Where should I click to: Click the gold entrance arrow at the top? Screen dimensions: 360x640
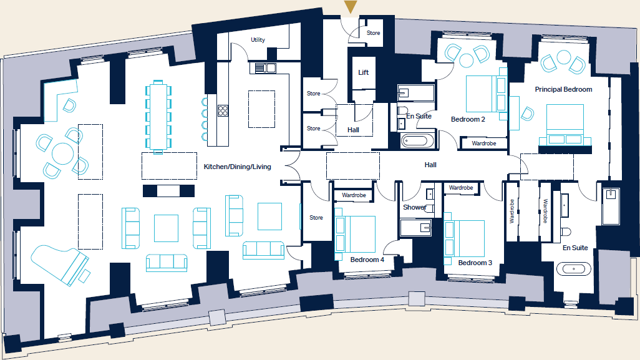[x=351, y=7]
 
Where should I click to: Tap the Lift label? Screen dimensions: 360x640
[x=363, y=72]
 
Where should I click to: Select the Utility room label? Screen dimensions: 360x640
[x=258, y=40]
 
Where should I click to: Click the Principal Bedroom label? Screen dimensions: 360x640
[x=563, y=89]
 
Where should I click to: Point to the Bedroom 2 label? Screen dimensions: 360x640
[x=468, y=119]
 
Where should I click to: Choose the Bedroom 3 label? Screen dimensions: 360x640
[x=475, y=263]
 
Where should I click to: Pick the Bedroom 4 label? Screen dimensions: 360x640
[x=367, y=260]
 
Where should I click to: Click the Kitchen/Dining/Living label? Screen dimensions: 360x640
[x=237, y=167]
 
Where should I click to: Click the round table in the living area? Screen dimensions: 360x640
[x=62, y=153]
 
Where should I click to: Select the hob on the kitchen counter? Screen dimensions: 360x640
[x=223, y=111]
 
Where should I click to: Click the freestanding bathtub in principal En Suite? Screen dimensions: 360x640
[x=573, y=270]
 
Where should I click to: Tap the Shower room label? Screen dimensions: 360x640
[x=414, y=207]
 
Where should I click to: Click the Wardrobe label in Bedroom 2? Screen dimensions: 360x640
[x=483, y=144]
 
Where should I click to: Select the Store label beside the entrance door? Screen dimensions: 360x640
[x=373, y=33]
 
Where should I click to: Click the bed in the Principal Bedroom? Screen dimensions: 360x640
[x=565, y=125]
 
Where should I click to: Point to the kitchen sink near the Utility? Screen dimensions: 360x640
[x=267, y=68]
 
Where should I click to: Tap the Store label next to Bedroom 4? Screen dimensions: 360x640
[x=316, y=218]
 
